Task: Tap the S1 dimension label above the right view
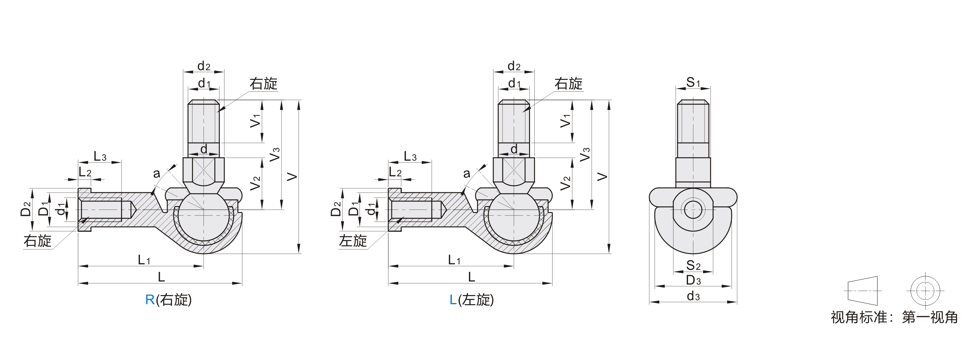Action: click(693, 82)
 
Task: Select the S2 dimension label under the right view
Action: click(693, 266)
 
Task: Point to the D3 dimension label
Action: click(693, 280)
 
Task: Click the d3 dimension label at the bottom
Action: click(693, 296)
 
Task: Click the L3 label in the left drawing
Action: click(100, 157)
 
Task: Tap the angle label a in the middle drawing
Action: click(466, 174)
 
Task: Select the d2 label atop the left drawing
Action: click(204, 66)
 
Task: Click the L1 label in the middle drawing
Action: click(454, 260)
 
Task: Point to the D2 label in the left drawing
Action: click(25, 209)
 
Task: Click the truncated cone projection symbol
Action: click(862, 291)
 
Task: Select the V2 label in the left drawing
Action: click(256, 183)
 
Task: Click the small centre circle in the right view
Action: click(693, 209)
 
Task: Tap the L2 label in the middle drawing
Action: click(395, 172)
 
